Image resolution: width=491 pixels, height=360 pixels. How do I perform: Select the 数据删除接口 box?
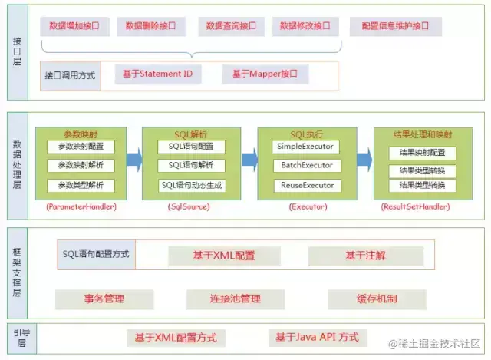point(150,26)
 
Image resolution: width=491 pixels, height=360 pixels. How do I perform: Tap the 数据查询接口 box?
point(230,26)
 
